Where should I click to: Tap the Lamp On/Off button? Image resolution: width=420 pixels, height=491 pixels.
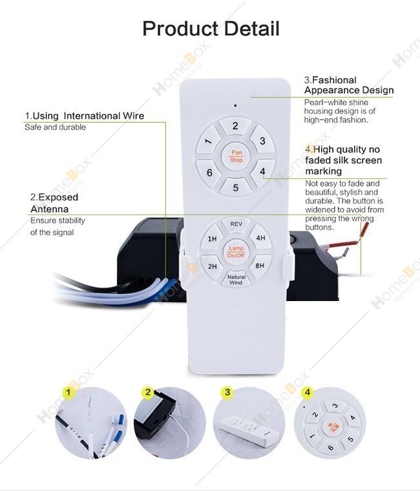(x=235, y=252)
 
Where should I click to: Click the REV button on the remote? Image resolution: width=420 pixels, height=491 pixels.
(x=236, y=224)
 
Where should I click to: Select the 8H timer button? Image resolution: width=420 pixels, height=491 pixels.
(x=260, y=266)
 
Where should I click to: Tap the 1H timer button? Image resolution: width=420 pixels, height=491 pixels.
(x=212, y=239)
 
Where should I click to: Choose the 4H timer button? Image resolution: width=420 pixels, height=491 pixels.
(x=260, y=238)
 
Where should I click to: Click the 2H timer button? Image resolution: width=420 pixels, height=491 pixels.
(x=212, y=266)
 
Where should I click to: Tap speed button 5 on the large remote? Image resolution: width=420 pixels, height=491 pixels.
(x=236, y=187)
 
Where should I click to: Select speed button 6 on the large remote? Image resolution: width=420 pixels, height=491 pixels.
(x=209, y=172)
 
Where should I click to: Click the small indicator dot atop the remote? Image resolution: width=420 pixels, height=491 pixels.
(x=235, y=105)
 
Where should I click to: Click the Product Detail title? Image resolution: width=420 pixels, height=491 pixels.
(x=211, y=29)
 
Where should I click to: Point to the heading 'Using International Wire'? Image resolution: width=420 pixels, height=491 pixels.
(x=85, y=116)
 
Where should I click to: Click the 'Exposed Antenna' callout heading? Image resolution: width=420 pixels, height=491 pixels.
(x=54, y=203)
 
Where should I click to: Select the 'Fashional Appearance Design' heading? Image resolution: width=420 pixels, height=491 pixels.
(x=348, y=85)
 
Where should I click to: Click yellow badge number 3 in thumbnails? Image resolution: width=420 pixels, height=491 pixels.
(x=227, y=392)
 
